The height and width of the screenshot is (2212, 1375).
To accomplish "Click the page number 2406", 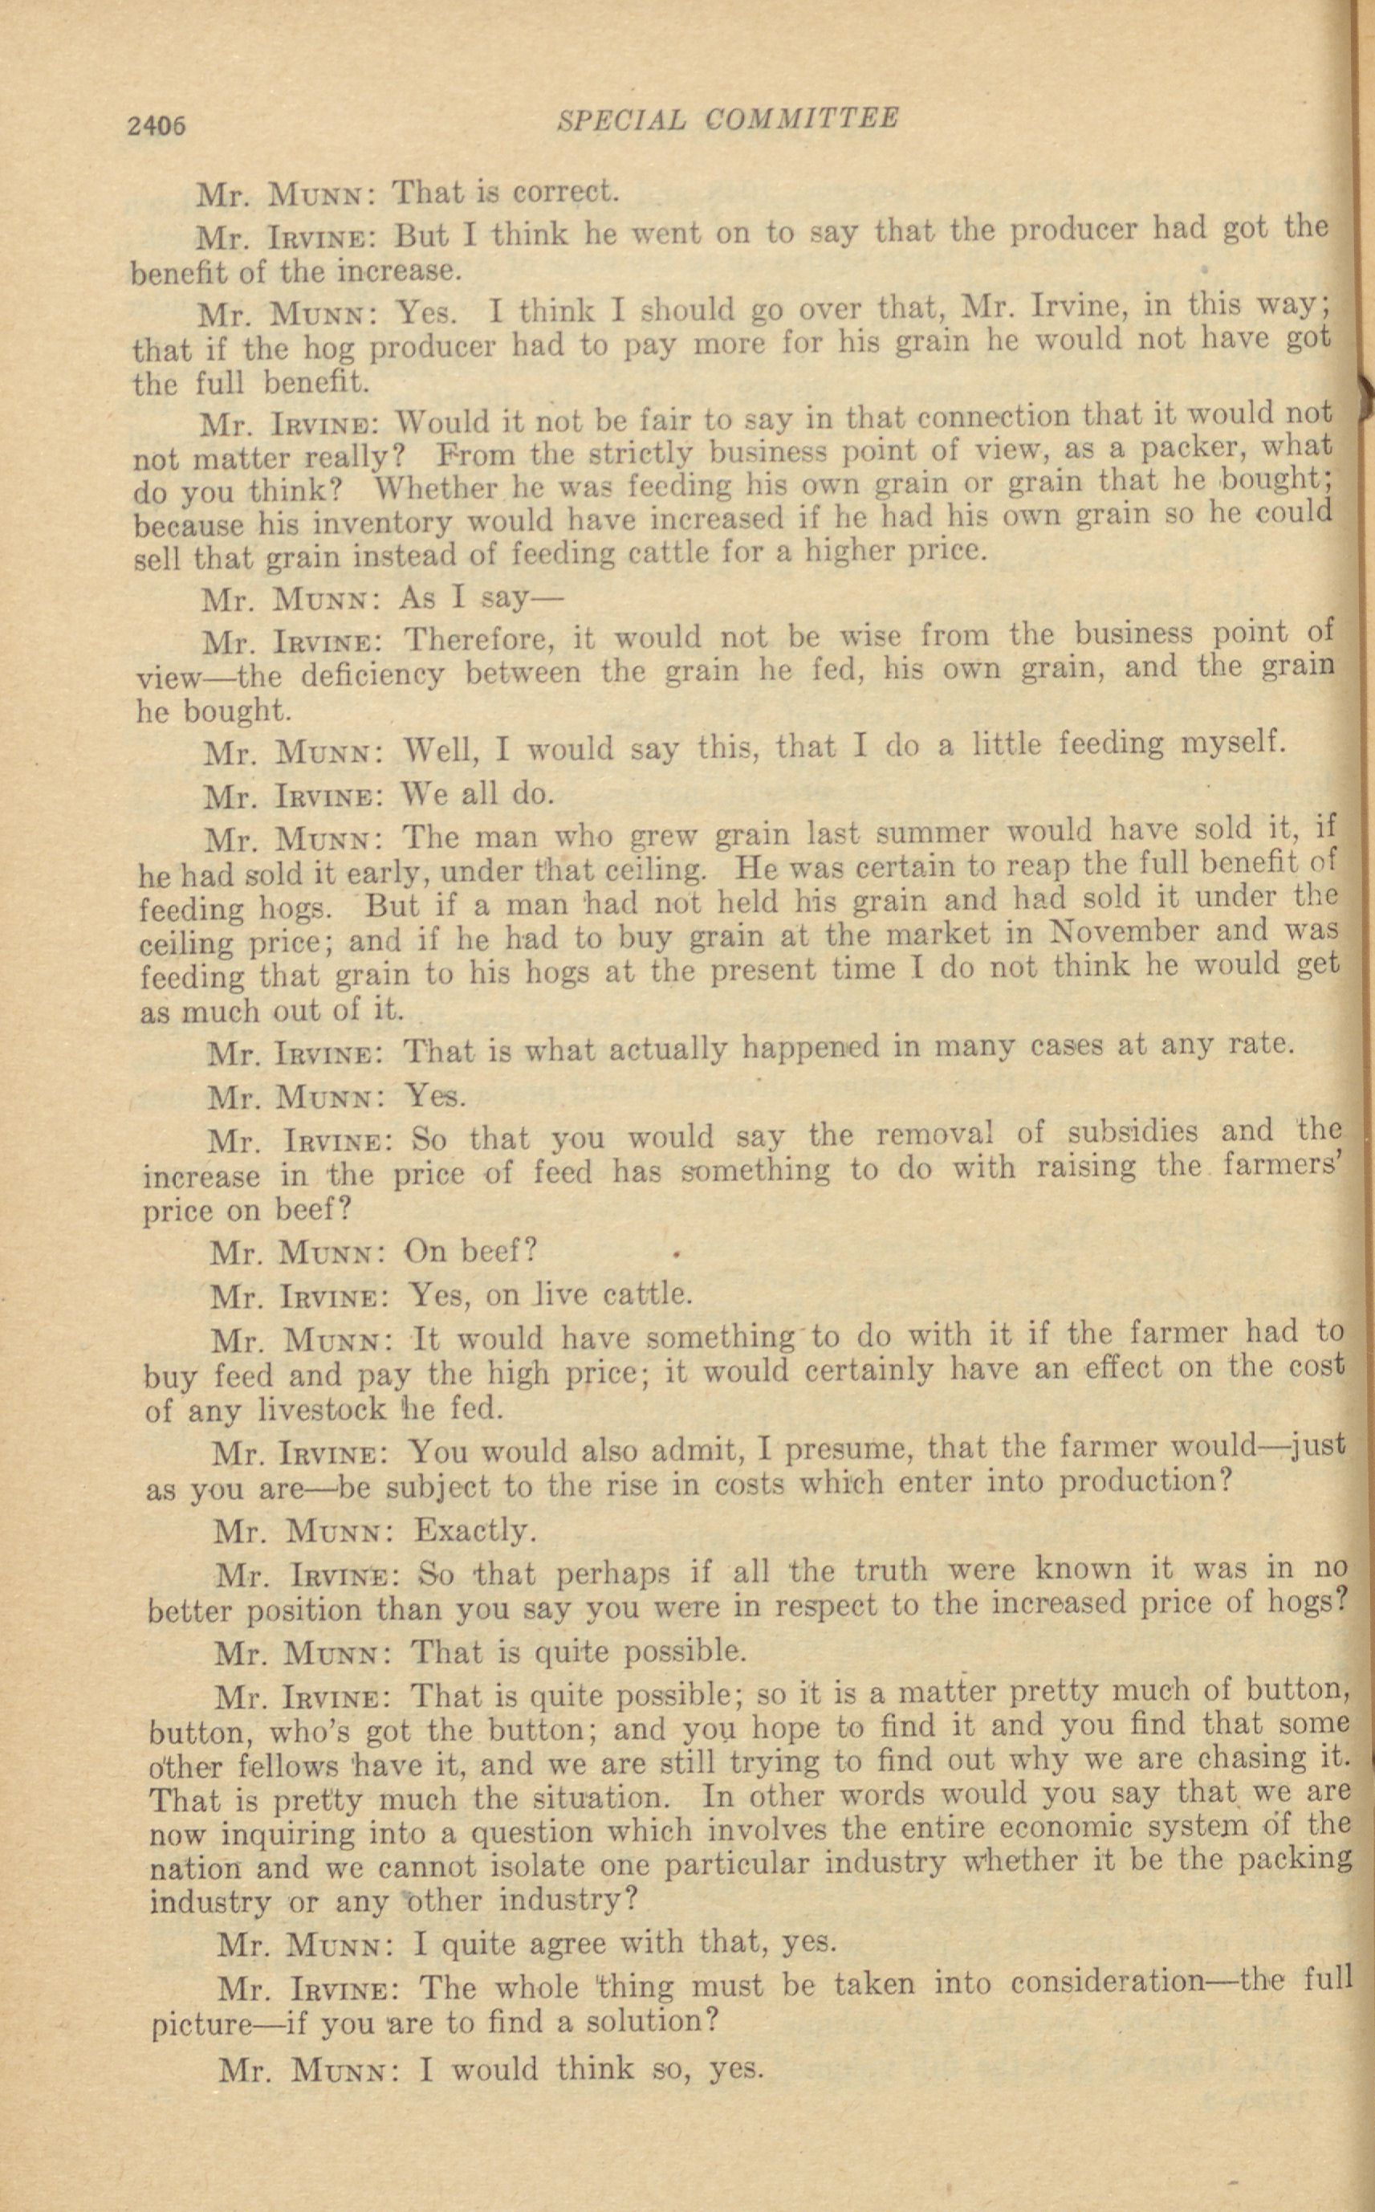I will click(x=157, y=124).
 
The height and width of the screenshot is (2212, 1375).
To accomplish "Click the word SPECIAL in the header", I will click(x=621, y=119).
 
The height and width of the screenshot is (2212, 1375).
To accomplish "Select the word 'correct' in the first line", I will click(x=563, y=192).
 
